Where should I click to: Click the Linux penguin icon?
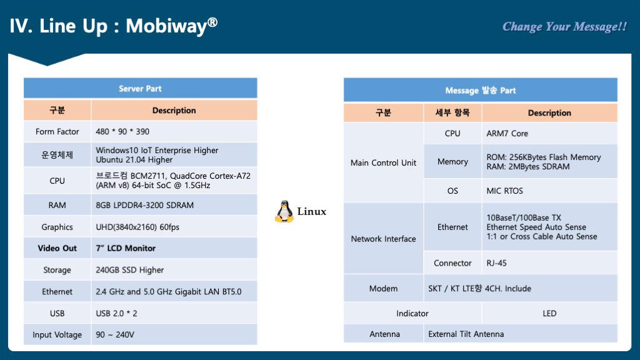pyautogui.click(x=284, y=211)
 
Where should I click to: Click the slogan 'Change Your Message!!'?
pyautogui.click(x=564, y=26)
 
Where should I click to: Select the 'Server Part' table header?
pyautogui.click(x=140, y=89)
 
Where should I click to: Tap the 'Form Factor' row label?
pyautogui.click(x=57, y=131)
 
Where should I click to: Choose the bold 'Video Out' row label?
pyautogui.click(x=57, y=248)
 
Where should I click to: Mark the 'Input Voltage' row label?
pyautogui.click(x=57, y=335)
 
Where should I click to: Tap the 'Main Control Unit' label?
pyautogui.click(x=383, y=162)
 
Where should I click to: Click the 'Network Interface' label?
pyautogui.click(x=383, y=239)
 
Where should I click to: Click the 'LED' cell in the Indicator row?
pyautogui.click(x=549, y=313)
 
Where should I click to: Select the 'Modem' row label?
pyautogui.click(x=383, y=288)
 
